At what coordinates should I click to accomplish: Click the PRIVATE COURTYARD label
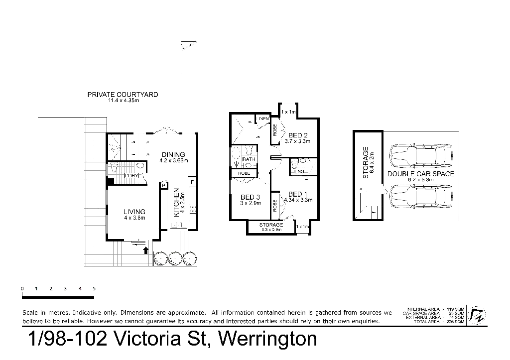point(124,95)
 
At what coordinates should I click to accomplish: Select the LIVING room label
point(134,213)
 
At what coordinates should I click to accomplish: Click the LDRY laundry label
point(130,176)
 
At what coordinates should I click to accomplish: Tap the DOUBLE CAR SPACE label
point(421,175)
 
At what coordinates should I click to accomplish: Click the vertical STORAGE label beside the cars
point(368,160)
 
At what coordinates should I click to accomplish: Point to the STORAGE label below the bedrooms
point(271,227)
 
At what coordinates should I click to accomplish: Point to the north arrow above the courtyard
point(188,46)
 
